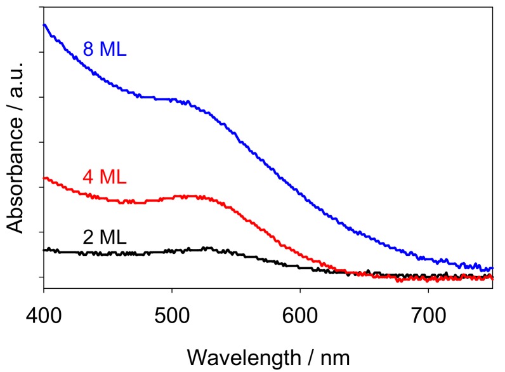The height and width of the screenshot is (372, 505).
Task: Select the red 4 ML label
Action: [x=105, y=176]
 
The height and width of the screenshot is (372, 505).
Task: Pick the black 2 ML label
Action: [x=105, y=237]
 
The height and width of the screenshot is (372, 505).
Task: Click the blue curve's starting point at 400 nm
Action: [x=44, y=25]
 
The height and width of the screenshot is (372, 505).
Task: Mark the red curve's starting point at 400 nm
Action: [x=44, y=178]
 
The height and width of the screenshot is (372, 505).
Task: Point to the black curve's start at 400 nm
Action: [x=44, y=250]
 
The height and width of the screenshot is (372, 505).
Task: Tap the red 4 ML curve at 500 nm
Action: [x=171, y=197]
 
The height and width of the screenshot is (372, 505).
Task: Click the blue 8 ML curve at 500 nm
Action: [x=171, y=100]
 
